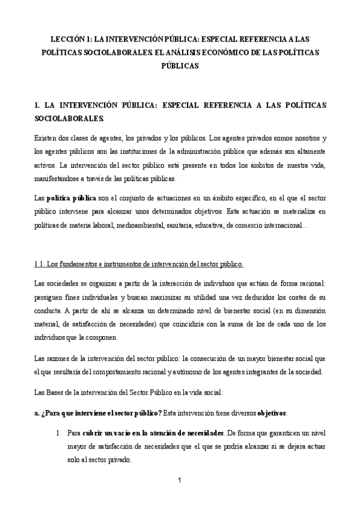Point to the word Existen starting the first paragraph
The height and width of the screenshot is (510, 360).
pos(49,138)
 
